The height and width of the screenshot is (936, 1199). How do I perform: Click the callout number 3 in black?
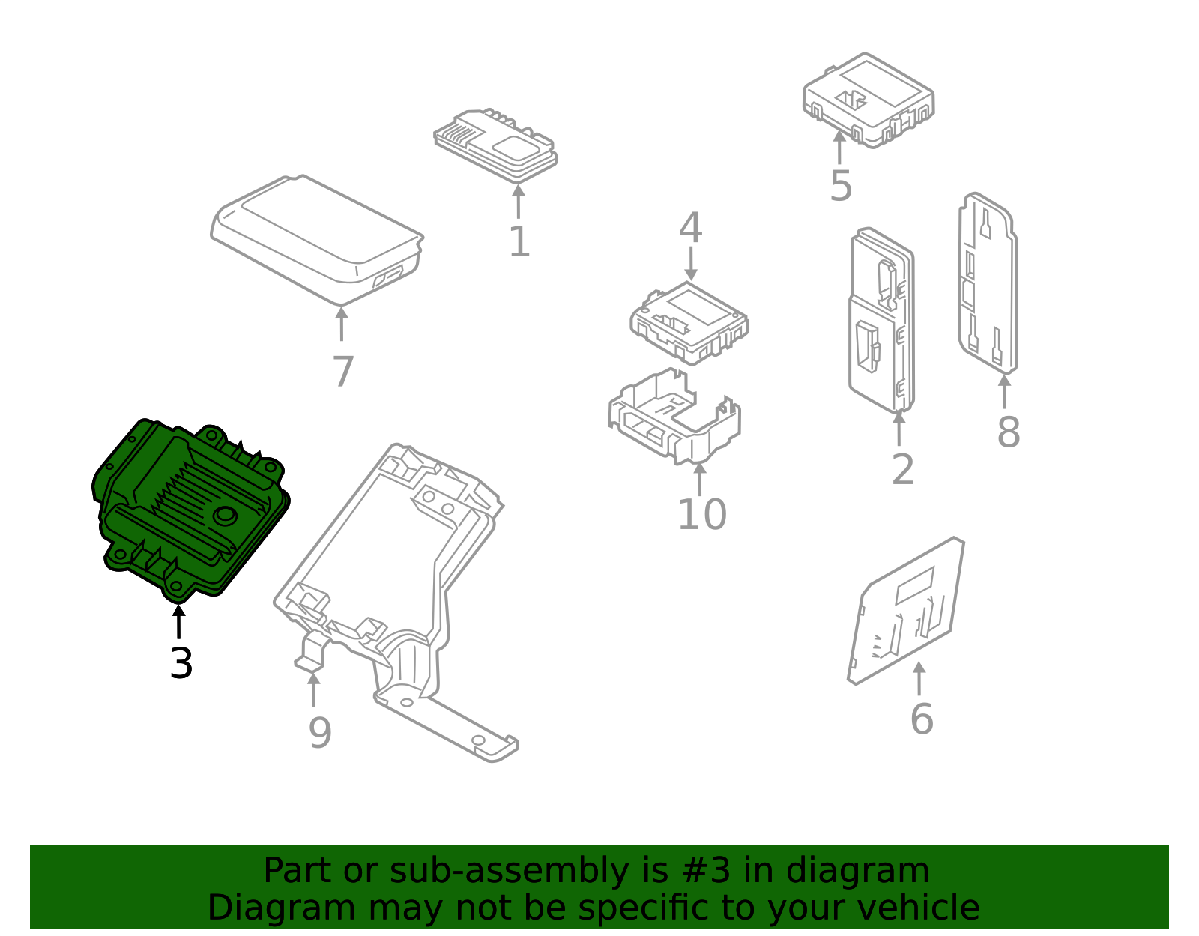(x=181, y=663)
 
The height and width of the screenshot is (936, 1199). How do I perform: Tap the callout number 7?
(x=343, y=371)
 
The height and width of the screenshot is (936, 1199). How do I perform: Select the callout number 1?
(x=519, y=241)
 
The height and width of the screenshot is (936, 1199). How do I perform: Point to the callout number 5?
(x=841, y=186)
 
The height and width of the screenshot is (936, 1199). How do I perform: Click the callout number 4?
(x=690, y=226)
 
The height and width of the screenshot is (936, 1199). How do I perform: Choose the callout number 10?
(x=702, y=514)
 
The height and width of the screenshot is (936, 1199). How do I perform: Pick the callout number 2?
(x=903, y=469)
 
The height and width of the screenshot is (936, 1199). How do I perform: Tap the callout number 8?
(x=1009, y=432)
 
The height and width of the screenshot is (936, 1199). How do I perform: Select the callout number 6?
(x=922, y=719)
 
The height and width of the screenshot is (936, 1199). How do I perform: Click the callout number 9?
(x=320, y=733)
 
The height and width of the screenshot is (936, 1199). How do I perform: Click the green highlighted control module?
(x=190, y=510)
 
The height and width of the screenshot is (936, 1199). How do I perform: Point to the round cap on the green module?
(x=225, y=516)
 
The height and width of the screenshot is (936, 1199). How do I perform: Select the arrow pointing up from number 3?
(x=178, y=621)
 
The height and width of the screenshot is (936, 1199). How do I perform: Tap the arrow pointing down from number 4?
(x=691, y=263)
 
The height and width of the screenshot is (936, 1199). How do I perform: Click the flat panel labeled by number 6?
(x=906, y=611)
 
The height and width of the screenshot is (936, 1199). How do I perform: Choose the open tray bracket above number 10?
(x=674, y=417)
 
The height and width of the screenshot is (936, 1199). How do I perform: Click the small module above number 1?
(x=495, y=145)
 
